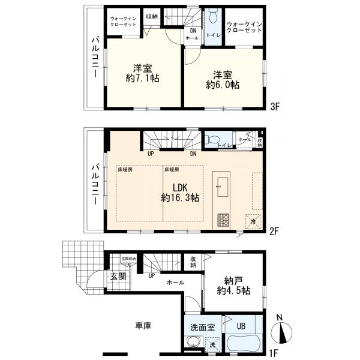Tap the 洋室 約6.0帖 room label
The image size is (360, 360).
(x=225, y=79)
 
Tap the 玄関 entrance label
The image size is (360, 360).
(x=118, y=277)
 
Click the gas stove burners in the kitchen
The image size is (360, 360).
(x=223, y=219)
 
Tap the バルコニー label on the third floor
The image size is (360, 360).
(x=95, y=59)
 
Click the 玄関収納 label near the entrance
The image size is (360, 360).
(x=129, y=259)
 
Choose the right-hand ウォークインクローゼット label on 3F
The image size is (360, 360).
(x=244, y=26)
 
